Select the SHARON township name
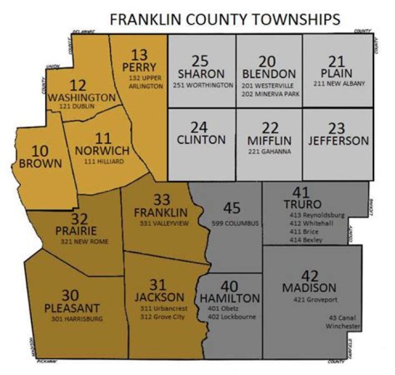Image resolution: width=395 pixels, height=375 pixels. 201,74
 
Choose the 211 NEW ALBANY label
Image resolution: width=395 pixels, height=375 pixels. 338,84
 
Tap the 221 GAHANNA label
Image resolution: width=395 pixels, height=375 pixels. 269,151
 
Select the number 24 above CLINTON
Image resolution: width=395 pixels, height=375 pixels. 201,127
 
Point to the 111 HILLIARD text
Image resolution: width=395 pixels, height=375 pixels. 104,162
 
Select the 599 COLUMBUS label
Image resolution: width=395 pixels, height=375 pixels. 235,223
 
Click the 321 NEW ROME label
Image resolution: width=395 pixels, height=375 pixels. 85,242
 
